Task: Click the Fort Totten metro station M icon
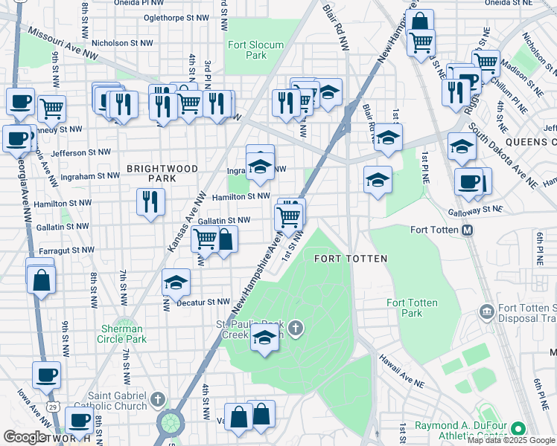468,230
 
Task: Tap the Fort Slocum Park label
255,50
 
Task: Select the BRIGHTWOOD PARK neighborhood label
162,173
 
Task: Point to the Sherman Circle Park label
123,334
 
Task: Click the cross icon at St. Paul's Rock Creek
296,328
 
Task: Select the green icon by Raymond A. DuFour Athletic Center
517,428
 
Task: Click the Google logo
25,437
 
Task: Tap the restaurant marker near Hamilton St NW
150,201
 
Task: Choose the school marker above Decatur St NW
176,282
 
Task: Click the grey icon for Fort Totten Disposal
487,310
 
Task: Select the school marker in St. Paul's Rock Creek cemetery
264,337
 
